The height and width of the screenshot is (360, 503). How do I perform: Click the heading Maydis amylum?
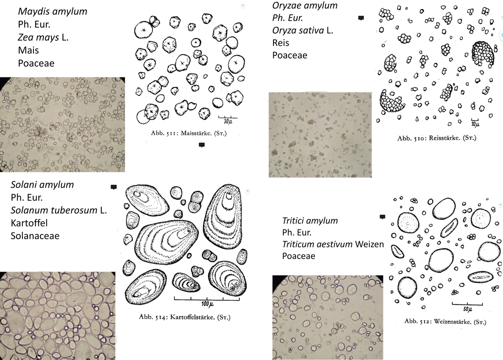pos(52,11)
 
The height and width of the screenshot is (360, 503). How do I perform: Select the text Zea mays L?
pos(43,37)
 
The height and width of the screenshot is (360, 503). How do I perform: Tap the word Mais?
pos(28,50)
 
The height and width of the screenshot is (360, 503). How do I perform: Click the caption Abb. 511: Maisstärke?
pos(189,133)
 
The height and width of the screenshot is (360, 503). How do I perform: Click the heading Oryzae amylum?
pos(305,5)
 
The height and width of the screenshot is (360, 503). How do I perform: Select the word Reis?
pos(281,43)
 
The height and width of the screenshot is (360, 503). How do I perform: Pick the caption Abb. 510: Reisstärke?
pos(437,138)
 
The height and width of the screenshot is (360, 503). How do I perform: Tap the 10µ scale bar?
pos(475,121)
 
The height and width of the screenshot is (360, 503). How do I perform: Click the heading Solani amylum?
pos(42,185)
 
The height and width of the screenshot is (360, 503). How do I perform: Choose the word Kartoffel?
pos(29,223)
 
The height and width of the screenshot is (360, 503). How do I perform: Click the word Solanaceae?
pos(35,236)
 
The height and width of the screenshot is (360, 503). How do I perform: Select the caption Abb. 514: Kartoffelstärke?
pos(184,317)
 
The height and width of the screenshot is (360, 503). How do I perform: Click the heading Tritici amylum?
pos(310,220)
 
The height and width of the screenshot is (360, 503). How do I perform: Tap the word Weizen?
pos(370,244)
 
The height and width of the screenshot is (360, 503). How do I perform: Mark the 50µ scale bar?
pos(467,304)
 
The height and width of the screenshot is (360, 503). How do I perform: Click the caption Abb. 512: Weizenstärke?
pos(445,322)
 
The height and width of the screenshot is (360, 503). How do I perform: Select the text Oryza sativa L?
pos(303,30)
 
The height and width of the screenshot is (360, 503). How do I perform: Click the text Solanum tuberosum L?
pos(59,210)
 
